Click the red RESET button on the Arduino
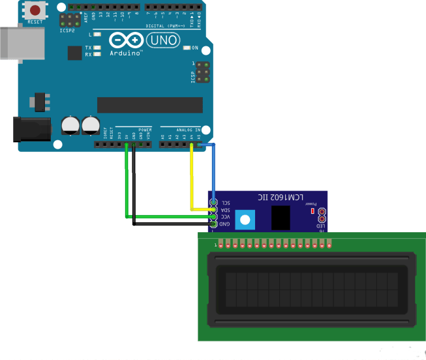click(x=35, y=11)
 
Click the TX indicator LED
click(x=97, y=48)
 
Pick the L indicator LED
click(x=97, y=34)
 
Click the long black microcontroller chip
click(x=149, y=104)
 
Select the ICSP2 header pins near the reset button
click(x=68, y=20)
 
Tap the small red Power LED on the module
click(x=313, y=211)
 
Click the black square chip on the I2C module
click(x=281, y=217)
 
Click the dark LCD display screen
click(x=311, y=290)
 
